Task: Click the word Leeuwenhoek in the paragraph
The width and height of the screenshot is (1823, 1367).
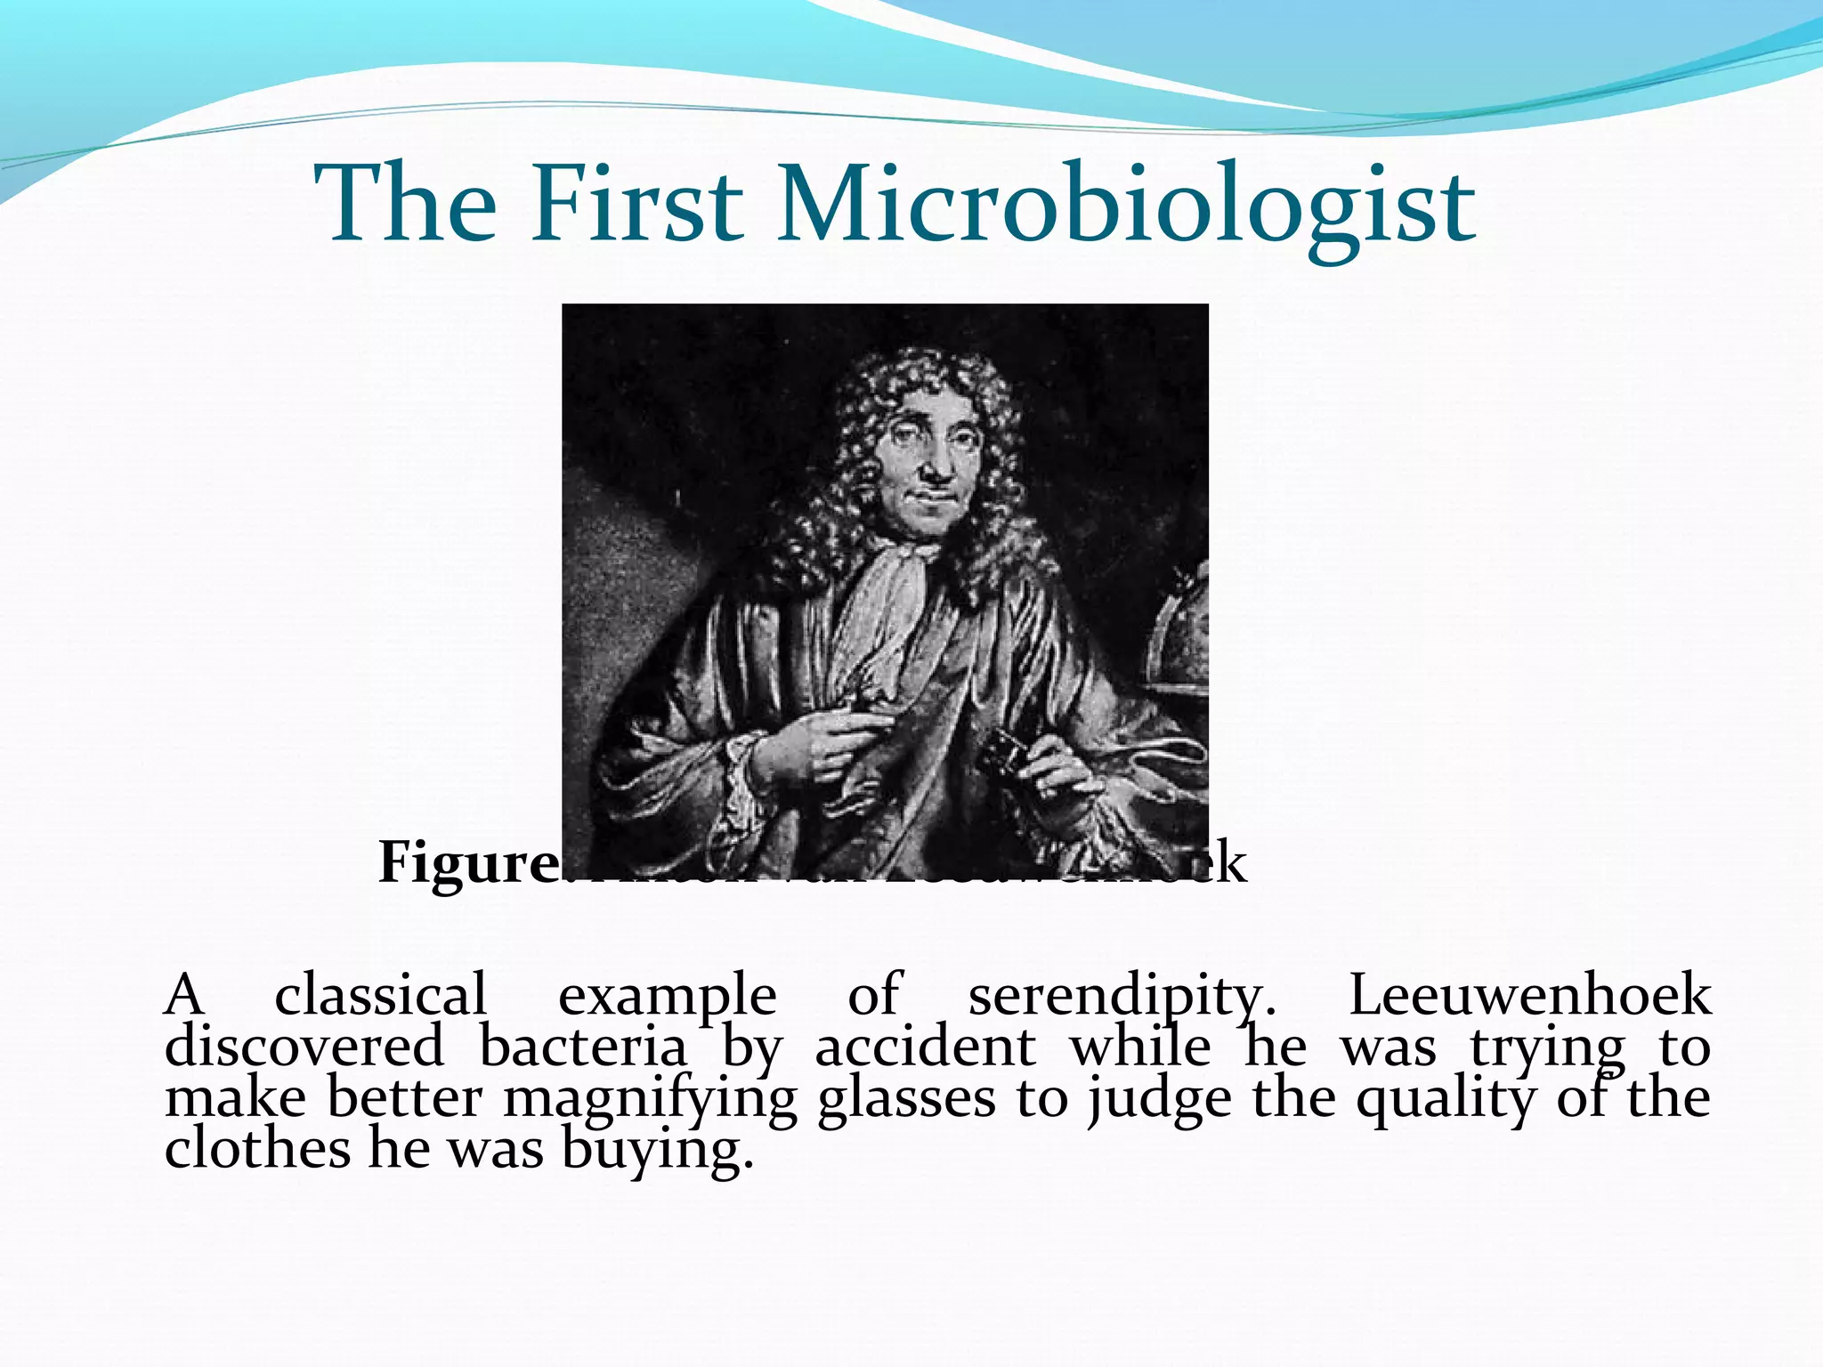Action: click(1529, 995)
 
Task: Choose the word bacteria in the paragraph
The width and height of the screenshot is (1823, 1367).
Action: click(583, 1047)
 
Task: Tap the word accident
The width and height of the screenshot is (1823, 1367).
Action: click(925, 1047)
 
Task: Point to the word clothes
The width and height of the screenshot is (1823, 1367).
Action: click(257, 1149)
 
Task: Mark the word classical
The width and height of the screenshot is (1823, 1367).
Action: click(380, 995)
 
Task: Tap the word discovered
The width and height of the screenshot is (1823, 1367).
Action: click(304, 1047)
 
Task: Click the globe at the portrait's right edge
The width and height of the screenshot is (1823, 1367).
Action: click(1180, 632)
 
